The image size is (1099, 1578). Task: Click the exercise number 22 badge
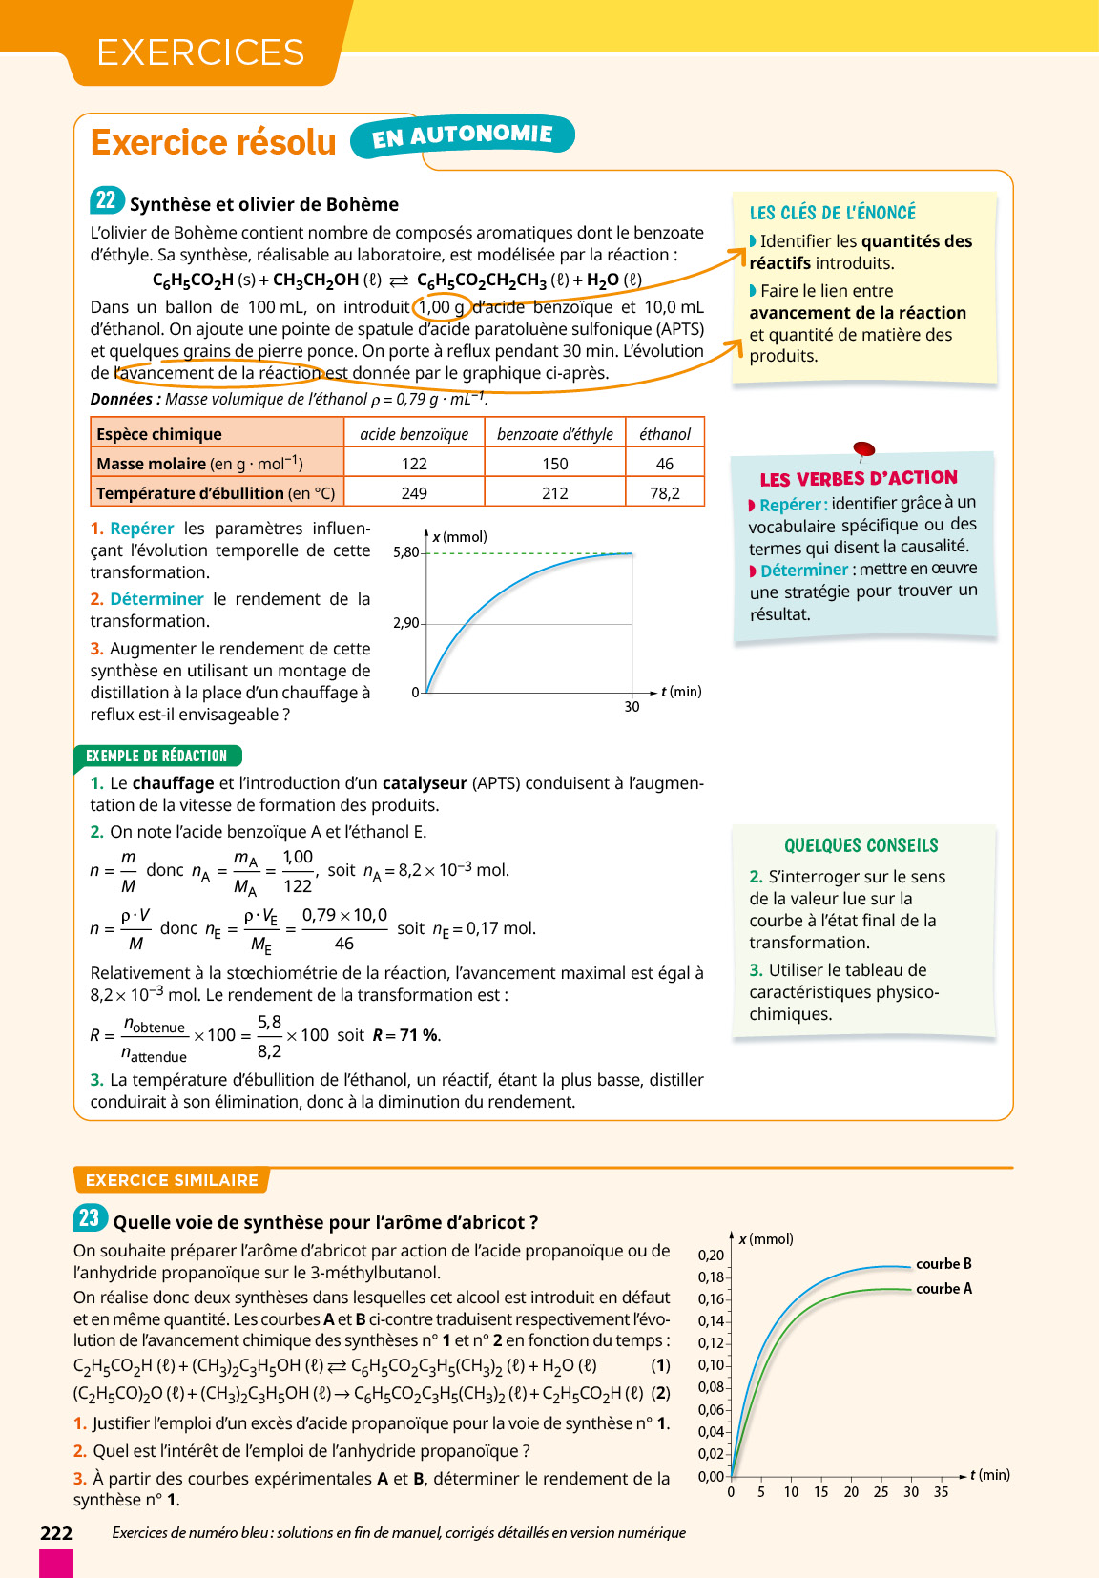point(106,200)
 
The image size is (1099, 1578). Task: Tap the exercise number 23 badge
point(89,1218)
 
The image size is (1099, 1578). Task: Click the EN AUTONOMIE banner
point(462,135)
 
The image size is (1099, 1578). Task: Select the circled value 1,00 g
point(442,307)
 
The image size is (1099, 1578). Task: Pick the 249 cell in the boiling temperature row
point(414,493)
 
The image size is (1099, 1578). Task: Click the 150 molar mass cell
point(554,464)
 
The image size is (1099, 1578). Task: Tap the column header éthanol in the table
point(665,434)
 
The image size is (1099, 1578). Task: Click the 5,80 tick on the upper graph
point(405,552)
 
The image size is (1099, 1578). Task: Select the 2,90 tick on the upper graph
point(405,623)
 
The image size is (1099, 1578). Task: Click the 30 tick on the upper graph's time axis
point(632,707)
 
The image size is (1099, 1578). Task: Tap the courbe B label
point(943,1264)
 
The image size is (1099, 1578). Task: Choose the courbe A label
point(943,1289)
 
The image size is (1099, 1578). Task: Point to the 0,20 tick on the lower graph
point(711,1256)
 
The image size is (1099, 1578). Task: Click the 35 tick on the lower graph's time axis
point(941,1492)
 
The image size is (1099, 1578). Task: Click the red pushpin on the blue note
point(863,448)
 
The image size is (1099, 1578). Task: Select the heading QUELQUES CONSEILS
point(861,845)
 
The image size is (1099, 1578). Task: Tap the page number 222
point(56,1533)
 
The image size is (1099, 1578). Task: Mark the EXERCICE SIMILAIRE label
point(172,1180)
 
